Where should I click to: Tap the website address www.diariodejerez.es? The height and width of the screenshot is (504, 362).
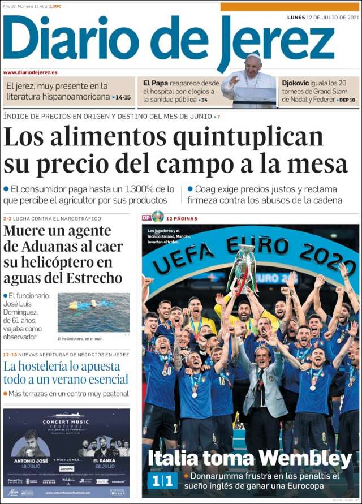(31, 72)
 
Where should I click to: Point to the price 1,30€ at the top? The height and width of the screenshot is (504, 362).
(55, 6)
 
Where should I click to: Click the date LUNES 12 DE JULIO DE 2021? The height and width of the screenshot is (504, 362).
(323, 17)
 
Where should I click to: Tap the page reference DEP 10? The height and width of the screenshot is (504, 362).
(347, 100)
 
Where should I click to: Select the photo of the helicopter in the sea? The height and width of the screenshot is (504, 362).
(93, 312)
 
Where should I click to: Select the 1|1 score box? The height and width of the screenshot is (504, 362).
(162, 481)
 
